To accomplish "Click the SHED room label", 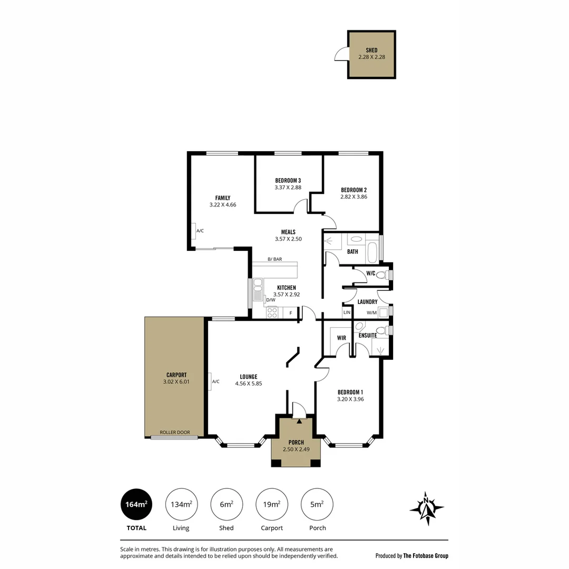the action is coord(371,50).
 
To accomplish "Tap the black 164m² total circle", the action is coord(136,504).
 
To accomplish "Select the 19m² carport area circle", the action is coord(272,504).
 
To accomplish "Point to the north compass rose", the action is coord(427,508).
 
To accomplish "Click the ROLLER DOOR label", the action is coord(175,432).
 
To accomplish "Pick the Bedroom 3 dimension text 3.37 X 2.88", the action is coord(288,187).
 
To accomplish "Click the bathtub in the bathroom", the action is coord(372,252).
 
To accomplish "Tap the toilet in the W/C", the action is coord(382,274).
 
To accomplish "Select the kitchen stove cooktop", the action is coord(272,312).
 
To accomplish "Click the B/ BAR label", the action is coord(274,259).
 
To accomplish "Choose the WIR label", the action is coord(341,338).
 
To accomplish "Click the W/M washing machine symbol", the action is coord(383,312).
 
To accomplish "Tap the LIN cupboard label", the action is coord(347,312).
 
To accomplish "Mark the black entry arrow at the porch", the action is coord(299,421).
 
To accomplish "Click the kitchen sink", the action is coord(258,289).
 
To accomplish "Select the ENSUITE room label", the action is coord(368,335).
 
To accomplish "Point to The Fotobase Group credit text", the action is coord(426,556).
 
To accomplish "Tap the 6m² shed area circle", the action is coord(227,504).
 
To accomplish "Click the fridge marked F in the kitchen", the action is coord(290,313).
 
